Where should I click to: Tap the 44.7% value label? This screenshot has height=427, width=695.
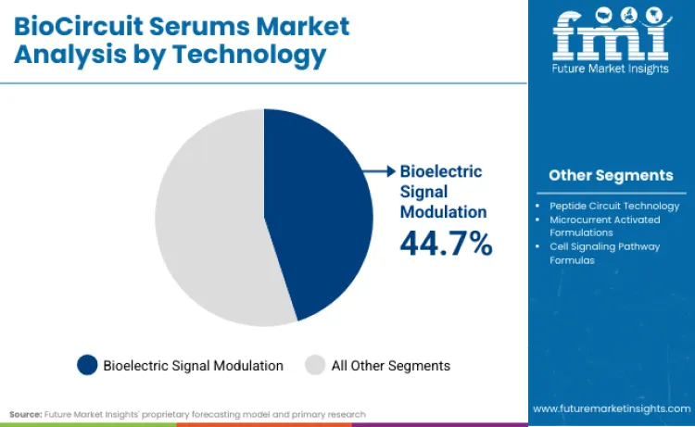(x=446, y=244)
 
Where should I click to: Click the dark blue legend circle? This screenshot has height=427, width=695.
(x=87, y=365)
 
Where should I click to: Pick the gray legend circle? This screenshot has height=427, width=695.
(x=316, y=365)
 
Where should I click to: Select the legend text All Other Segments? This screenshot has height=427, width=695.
(x=391, y=365)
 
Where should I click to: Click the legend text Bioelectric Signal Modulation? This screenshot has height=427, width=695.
(x=194, y=365)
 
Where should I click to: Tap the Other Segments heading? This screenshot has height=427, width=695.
(x=611, y=175)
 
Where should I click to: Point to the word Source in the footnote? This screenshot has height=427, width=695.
(x=26, y=414)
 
